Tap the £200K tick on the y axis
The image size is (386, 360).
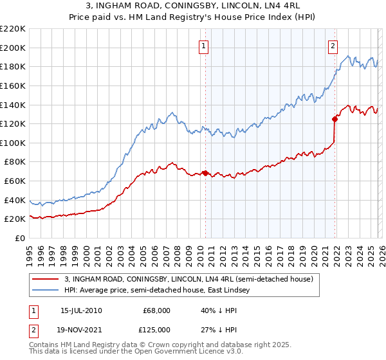(x=13, y=48)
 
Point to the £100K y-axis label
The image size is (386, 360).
(x=13, y=143)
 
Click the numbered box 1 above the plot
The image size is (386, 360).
(x=204, y=46)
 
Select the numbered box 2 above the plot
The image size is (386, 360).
(x=333, y=46)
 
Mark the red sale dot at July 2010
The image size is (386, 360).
(x=205, y=173)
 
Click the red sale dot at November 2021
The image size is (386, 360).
(x=335, y=119)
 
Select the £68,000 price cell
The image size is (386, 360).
(x=156, y=310)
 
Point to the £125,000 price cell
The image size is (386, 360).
(x=156, y=329)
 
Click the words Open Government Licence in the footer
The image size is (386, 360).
(x=181, y=353)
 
